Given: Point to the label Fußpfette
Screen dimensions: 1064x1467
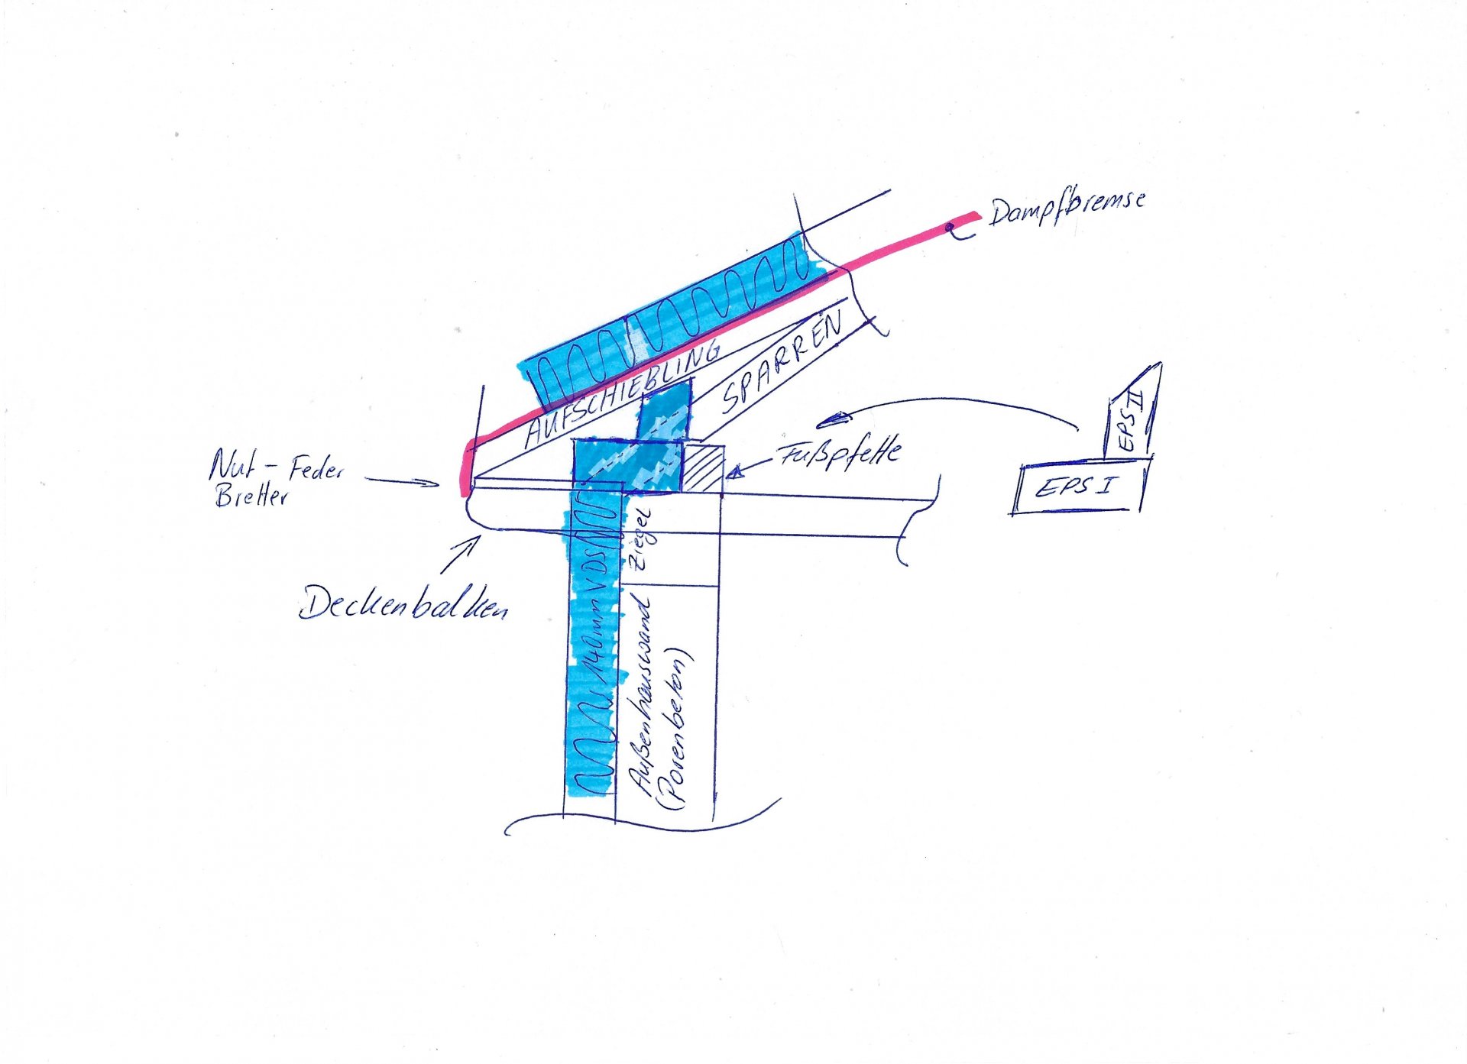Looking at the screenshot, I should (x=840, y=454).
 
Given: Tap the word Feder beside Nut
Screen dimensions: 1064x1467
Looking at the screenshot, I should (x=316, y=469).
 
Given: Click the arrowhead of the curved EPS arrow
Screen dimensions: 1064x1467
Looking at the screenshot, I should (x=833, y=419).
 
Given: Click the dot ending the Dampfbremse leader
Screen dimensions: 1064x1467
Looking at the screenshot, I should (x=949, y=227).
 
